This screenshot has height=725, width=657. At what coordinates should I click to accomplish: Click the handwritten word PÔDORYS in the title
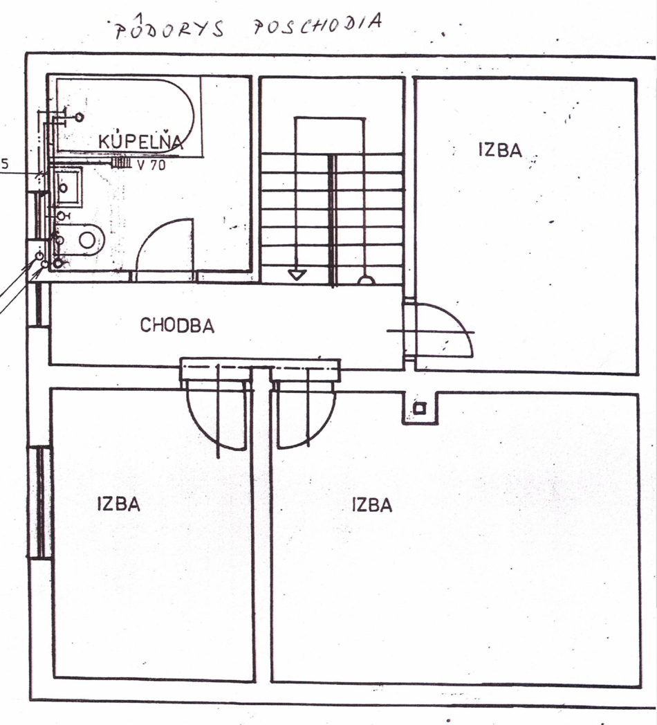pos(169,28)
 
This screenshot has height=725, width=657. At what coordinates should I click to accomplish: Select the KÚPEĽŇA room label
pos(141,140)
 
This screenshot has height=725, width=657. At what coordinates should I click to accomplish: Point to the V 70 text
pos(151,164)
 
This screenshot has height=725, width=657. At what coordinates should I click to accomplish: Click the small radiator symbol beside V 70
pos(122,163)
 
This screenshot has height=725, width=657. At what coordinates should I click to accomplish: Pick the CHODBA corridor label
pos(178,326)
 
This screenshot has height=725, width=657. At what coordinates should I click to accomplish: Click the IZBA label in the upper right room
pos(500,150)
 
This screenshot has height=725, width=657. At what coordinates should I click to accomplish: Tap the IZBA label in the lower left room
pos(119,504)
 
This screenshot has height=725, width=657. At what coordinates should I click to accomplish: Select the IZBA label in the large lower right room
pos(372,504)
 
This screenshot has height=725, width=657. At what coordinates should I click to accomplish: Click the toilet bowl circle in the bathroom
pos(87,240)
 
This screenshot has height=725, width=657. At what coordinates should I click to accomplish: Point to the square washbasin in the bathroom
pos(68,187)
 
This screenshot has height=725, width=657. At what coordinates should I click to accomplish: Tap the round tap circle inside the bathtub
pos(80,118)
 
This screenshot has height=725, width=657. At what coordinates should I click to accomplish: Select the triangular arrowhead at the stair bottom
pos(297,275)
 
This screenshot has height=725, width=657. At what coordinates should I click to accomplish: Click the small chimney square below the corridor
pos(420,409)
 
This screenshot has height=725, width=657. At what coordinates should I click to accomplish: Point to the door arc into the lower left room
pos(203,432)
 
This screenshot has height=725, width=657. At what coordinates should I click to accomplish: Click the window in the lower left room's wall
pos(41,503)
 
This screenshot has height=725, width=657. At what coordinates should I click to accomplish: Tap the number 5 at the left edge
pos(5,164)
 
